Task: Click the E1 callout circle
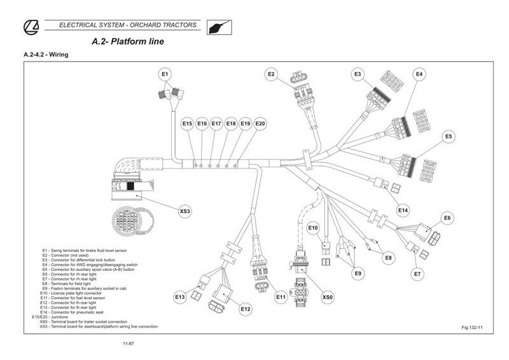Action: click(165, 74)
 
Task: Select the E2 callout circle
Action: click(272, 74)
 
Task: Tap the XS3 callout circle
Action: click(185, 210)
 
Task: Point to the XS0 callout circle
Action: click(328, 296)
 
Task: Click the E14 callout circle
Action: click(402, 210)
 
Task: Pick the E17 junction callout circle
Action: click(216, 123)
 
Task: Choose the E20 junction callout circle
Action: click(260, 123)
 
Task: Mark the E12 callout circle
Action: click(246, 309)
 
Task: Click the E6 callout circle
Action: click(448, 218)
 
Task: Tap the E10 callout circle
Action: click(313, 228)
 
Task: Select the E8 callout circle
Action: click(388, 258)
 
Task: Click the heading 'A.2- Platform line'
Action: click(128, 42)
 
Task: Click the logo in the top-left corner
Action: click(32, 26)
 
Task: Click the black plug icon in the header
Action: click(219, 27)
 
